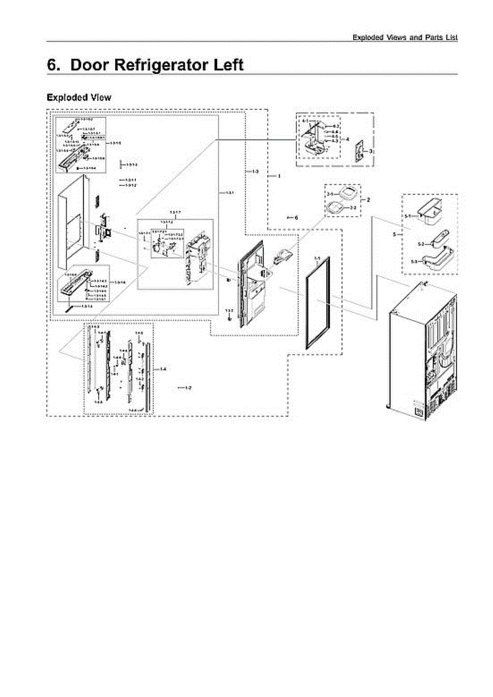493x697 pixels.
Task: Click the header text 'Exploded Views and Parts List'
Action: (x=405, y=37)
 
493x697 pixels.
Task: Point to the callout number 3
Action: (x=370, y=150)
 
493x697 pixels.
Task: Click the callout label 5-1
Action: (x=408, y=216)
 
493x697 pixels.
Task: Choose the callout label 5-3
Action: (x=414, y=261)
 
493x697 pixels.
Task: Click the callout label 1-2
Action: (x=188, y=387)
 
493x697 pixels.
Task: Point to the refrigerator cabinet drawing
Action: (x=422, y=348)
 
